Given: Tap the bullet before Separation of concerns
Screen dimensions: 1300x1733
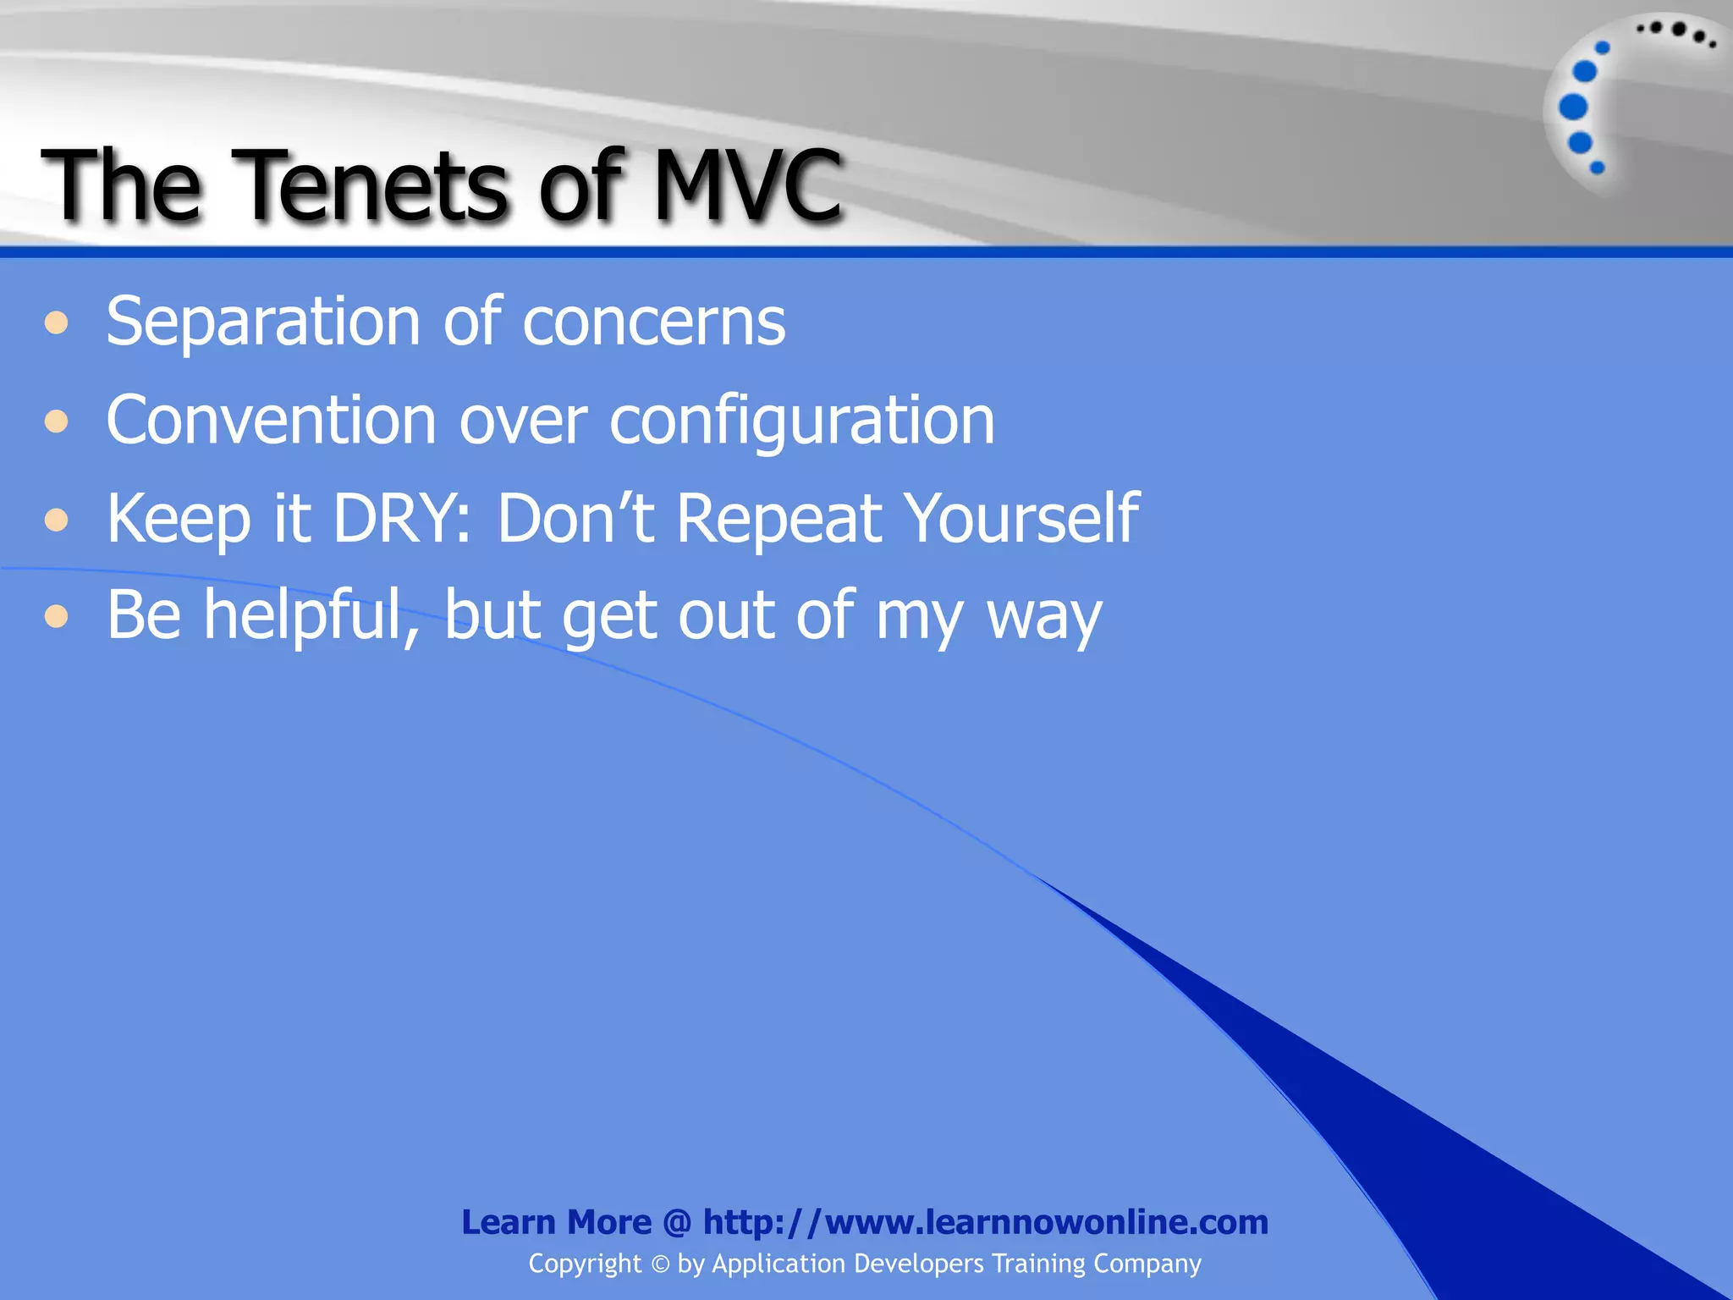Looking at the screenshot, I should click(57, 323).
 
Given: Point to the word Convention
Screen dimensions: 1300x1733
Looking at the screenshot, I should click(271, 421).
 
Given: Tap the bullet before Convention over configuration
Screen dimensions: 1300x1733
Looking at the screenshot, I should click(57, 421).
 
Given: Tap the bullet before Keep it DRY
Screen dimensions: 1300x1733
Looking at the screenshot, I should click(57, 519).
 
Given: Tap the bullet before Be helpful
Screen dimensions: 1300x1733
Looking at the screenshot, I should click(57, 616).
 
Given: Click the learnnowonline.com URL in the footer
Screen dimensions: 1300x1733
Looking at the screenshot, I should click(985, 1222).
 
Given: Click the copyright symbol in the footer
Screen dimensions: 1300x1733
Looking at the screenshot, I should click(660, 1264).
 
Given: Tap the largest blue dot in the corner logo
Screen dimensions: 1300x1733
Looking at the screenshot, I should click(1573, 107).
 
